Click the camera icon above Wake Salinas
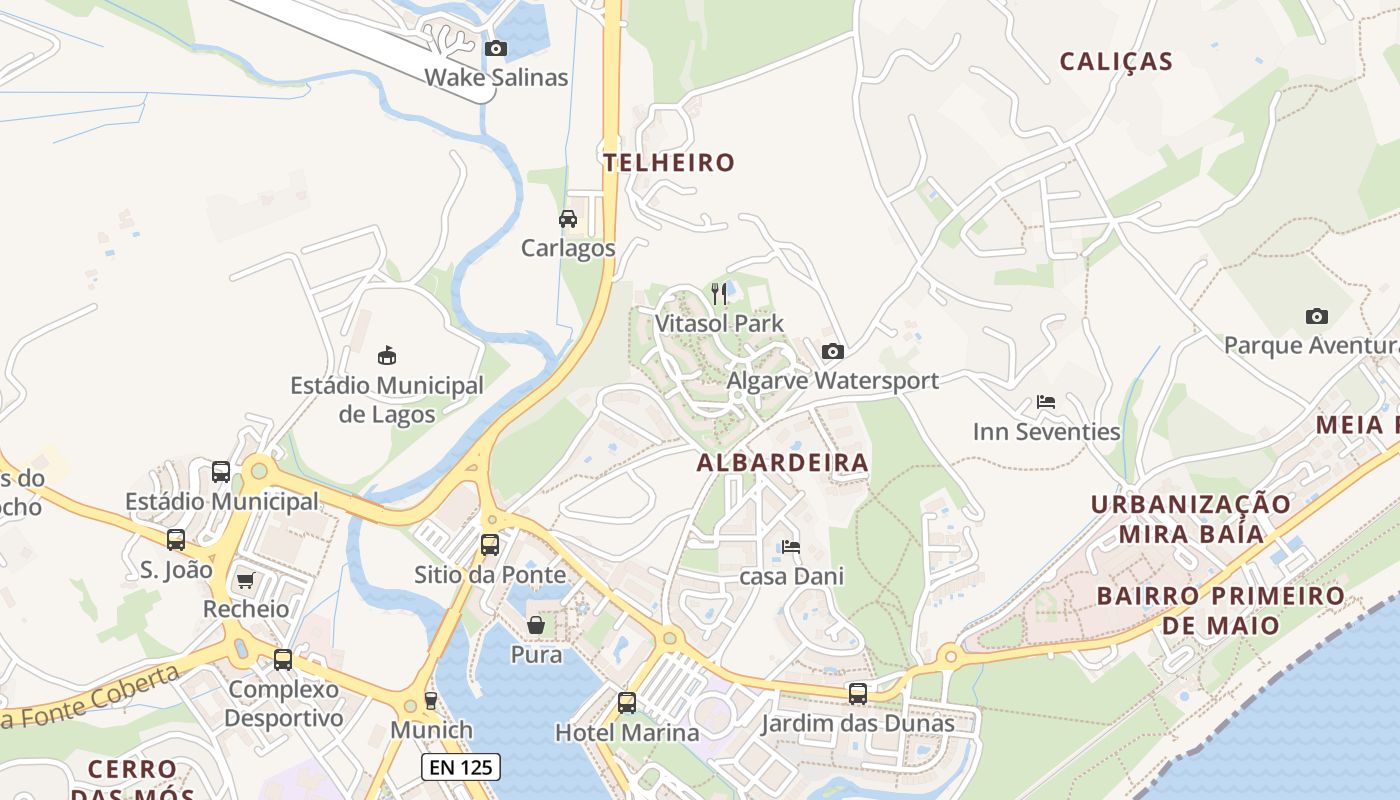pyautogui.click(x=495, y=48)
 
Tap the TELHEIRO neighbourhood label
pyautogui.click(x=669, y=162)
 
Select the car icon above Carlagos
pyautogui.click(x=568, y=219)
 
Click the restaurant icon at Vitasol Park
pyautogui.click(x=719, y=293)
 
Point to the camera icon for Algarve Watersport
pyautogui.click(x=832, y=351)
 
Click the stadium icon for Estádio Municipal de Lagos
pyautogui.click(x=387, y=355)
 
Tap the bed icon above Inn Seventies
pyautogui.click(x=1046, y=402)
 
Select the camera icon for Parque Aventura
pyautogui.click(x=1317, y=316)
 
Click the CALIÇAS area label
pyautogui.click(x=1116, y=61)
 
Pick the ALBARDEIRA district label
pyautogui.click(x=783, y=463)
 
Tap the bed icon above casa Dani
pyautogui.click(x=791, y=547)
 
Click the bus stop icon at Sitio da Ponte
pyautogui.click(x=490, y=545)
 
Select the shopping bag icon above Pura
pyautogui.click(x=537, y=626)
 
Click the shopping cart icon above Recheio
pyautogui.click(x=245, y=580)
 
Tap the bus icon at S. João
pyautogui.click(x=176, y=540)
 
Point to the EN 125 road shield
pyautogui.click(x=460, y=767)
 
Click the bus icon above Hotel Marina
pyautogui.click(x=627, y=703)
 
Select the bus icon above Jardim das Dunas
pyautogui.click(x=858, y=694)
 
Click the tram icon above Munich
pyautogui.click(x=431, y=700)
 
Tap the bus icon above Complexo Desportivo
pyautogui.click(x=283, y=660)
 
